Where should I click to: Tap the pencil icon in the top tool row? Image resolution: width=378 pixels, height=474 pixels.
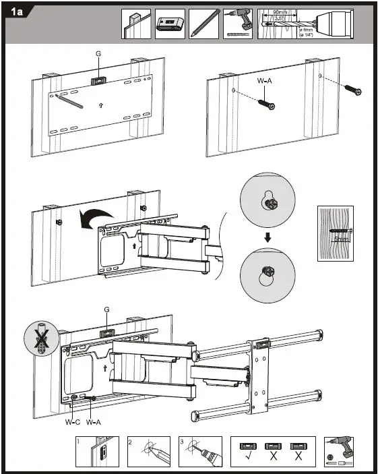coord(203,23)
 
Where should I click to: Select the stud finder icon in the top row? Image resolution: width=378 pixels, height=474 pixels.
coord(170,23)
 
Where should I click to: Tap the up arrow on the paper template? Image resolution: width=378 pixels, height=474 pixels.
coord(100,105)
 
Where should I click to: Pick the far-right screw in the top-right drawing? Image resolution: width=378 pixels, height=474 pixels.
coord(352,89)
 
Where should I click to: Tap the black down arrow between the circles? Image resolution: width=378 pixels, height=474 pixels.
coord(267,237)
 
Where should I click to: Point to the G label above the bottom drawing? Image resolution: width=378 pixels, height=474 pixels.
coord(106,310)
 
